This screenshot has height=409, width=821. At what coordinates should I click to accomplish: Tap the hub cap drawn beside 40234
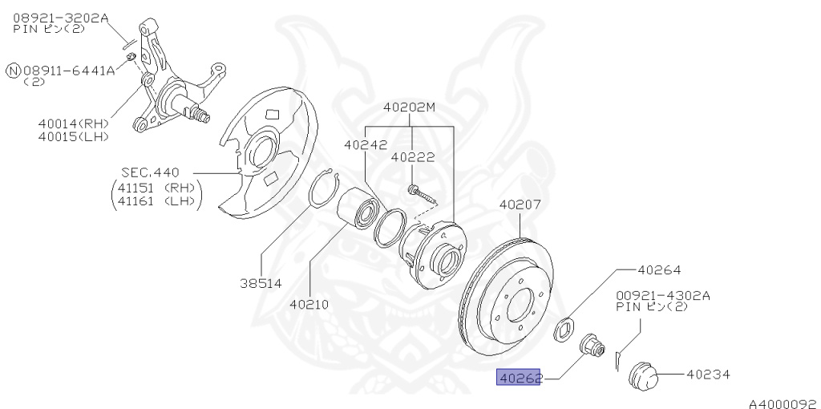coord(644,374)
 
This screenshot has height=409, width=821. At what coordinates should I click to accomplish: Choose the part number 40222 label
coord(413,158)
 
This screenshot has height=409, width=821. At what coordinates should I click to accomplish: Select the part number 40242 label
coord(366,145)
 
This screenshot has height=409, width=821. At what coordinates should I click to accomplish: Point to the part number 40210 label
coord(310,304)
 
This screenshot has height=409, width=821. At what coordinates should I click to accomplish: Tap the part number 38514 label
coord(260,282)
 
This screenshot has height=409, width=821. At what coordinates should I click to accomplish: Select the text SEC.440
coord(150,172)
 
